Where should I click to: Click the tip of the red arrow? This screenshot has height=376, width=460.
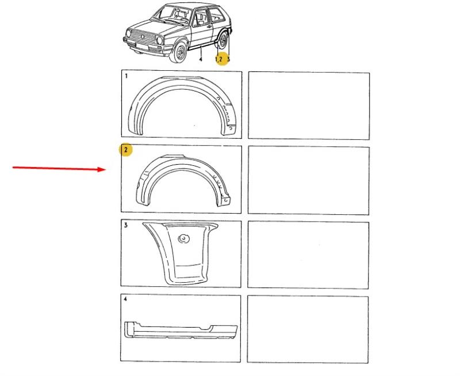(x=106, y=169)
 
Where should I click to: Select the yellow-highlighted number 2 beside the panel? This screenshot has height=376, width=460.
(x=125, y=150)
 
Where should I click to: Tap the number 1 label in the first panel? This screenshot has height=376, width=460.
(x=126, y=76)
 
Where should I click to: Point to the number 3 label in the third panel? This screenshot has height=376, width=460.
(x=125, y=225)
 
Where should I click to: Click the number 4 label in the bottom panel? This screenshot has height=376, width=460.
(x=125, y=299)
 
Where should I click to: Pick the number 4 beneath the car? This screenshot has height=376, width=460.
(x=201, y=59)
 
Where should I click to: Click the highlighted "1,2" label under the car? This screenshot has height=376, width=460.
(x=219, y=59)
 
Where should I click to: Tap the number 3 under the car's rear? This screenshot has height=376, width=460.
(x=228, y=59)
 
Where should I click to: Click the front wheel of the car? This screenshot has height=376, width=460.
(x=179, y=52)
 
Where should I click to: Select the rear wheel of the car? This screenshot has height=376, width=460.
(x=223, y=40)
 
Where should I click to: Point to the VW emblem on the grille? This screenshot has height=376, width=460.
(x=143, y=37)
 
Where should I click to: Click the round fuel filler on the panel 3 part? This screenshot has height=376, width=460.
(x=184, y=238)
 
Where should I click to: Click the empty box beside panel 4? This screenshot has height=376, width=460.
(x=308, y=329)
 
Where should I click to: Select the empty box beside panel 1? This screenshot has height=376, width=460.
(x=309, y=105)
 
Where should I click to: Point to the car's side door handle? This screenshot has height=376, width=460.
(x=209, y=26)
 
